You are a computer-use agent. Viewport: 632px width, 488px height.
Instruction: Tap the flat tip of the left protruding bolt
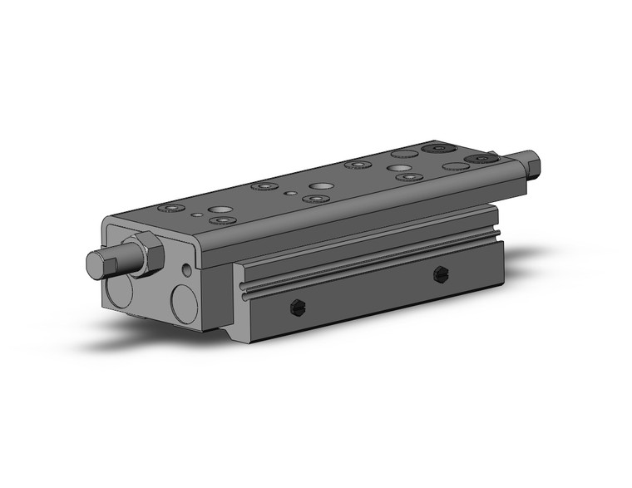93,266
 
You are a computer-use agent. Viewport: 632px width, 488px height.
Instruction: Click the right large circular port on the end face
184,303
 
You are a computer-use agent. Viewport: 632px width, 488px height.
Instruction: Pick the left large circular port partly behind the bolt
118,292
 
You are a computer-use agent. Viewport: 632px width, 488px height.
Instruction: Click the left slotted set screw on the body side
296,309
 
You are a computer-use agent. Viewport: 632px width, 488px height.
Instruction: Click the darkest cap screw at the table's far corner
435,150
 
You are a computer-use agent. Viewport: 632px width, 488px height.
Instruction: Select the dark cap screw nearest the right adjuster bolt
481,159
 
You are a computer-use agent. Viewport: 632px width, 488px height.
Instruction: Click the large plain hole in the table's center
320,185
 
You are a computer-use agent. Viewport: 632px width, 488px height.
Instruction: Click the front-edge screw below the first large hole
223,220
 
